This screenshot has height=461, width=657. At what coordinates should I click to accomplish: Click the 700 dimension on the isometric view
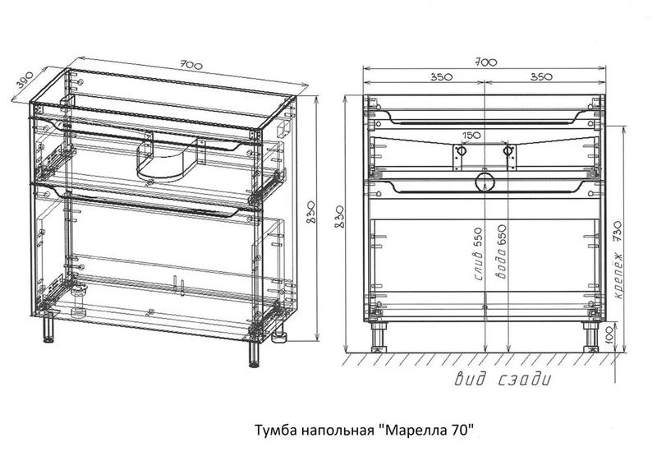pyautogui.click(x=191, y=65)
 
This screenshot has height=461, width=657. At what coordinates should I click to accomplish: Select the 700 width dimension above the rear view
pyautogui.click(x=486, y=62)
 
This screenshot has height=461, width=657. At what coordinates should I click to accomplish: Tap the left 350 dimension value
pyautogui.click(x=440, y=76)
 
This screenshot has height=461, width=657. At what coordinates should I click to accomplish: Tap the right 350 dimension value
pyautogui.click(x=541, y=76)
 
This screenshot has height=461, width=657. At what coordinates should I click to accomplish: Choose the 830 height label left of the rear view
pyautogui.click(x=340, y=217)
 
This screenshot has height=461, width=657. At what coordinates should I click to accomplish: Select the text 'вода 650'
pyautogui.click(x=501, y=252)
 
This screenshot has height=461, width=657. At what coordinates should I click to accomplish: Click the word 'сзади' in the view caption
pyautogui.click(x=525, y=380)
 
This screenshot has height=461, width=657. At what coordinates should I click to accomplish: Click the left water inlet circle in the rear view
pyautogui.click(x=461, y=150)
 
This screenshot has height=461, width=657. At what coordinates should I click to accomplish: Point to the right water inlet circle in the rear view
pyautogui.click(x=508, y=150)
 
